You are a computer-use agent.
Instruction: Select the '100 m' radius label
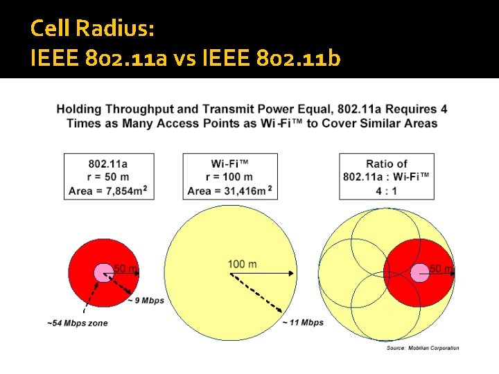(x=242, y=264)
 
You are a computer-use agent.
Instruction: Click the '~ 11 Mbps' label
(x=303, y=323)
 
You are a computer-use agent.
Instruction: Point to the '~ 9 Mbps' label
(x=146, y=301)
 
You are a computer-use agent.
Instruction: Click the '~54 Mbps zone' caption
(x=78, y=323)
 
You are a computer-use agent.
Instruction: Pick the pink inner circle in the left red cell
(x=103, y=272)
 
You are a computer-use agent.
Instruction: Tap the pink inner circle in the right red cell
(x=420, y=272)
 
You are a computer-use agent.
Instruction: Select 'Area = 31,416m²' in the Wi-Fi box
(x=229, y=191)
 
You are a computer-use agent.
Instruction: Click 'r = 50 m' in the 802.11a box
(x=108, y=177)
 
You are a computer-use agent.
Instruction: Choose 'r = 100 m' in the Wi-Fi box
(x=229, y=177)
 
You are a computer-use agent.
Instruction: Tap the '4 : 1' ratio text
(x=385, y=190)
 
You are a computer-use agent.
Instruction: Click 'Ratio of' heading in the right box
(x=386, y=164)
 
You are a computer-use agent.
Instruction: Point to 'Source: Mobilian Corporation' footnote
(x=422, y=348)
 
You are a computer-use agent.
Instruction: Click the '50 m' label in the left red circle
(x=125, y=268)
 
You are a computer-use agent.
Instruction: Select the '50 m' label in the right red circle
(x=441, y=268)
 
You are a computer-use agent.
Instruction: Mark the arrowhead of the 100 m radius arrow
(x=292, y=273)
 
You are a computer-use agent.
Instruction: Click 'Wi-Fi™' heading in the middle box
(x=229, y=164)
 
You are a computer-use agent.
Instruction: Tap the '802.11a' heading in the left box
(x=108, y=164)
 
